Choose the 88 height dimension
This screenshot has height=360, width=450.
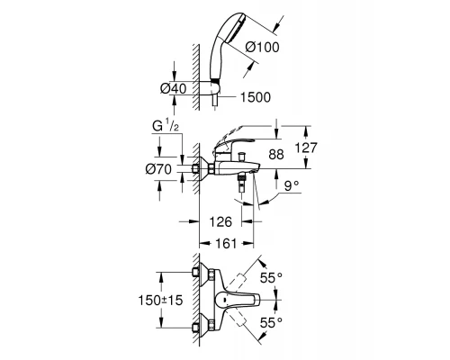(x=275, y=154)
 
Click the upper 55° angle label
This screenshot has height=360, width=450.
(x=270, y=279)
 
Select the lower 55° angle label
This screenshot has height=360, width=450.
(x=270, y=320)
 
